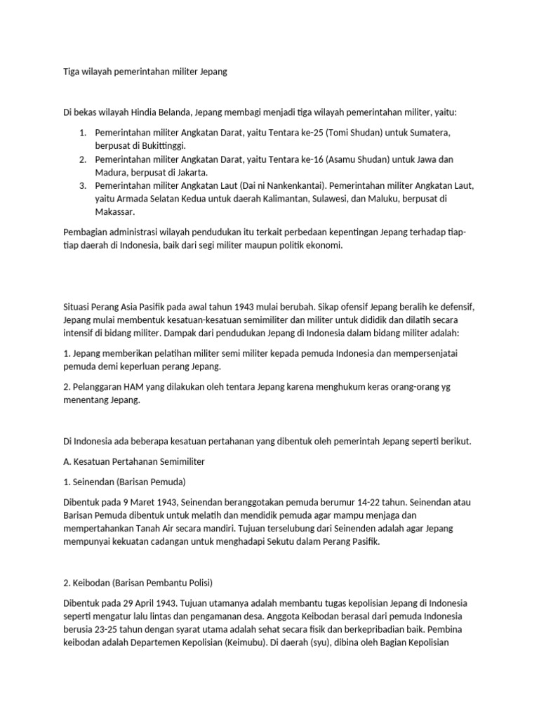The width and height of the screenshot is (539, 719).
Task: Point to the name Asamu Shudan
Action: (364, 159)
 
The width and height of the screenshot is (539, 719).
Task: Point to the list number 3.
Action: (82, 185)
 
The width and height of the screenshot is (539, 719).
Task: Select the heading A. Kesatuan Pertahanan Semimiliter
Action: (134, 461)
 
